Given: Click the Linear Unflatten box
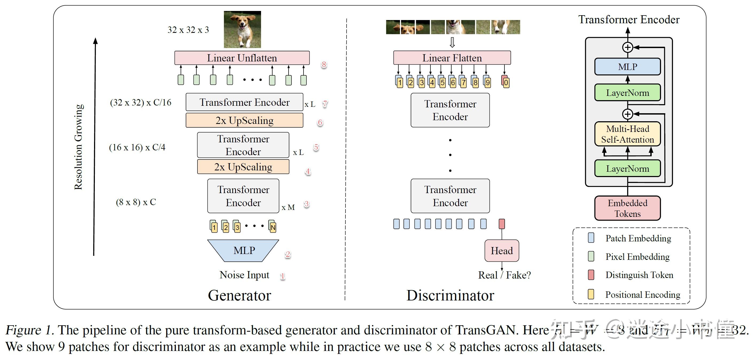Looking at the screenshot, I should point(242,58).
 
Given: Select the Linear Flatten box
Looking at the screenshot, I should point(452,58).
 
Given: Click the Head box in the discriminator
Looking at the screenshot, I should point(502,251).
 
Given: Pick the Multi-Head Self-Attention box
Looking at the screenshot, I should point(627,134).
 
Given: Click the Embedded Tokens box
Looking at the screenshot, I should point(627,208).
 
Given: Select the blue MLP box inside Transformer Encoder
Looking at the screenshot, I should point(627,67).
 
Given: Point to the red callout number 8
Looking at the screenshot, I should point(324,64).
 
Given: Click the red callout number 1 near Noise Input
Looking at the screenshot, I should point(282,276).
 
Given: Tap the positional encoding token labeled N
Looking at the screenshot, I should point(273,226).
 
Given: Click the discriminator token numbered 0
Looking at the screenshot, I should point(506,82).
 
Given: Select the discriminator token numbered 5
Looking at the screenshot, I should point(442,82).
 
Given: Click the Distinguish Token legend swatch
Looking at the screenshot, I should point(591,275).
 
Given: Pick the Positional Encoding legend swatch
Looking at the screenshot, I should point(591,294).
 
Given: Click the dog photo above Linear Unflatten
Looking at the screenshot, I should point(242,29).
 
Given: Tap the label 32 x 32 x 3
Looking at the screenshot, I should point(188,30).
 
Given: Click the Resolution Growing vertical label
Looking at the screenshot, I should point(79,147).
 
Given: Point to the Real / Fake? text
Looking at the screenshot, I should point(504,275).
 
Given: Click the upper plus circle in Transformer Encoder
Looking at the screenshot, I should point(627,47).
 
